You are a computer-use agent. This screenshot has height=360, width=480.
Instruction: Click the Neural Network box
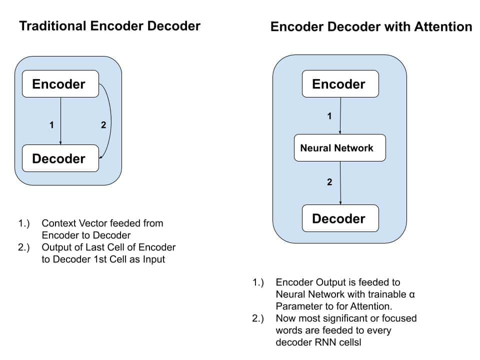(x=340, y=148)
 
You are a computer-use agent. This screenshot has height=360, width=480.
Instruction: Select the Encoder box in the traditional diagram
(x=60, y=84)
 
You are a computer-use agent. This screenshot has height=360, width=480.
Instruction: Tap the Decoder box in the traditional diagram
(x=60, y=158)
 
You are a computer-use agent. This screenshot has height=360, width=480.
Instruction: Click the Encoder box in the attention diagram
(x=340, y=84)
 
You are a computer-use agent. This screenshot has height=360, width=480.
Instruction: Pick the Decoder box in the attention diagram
(x=340, y=218)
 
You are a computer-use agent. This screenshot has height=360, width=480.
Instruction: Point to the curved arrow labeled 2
(x=111, y=122)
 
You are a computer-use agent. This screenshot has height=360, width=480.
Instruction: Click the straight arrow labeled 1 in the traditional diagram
(x=60, y=121)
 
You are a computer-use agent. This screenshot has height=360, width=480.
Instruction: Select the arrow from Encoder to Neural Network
(x=340, y=115)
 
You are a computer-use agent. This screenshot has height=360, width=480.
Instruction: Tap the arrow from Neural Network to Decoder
(x=340, y=183)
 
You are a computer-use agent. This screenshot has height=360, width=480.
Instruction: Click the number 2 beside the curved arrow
(x=103, y=125)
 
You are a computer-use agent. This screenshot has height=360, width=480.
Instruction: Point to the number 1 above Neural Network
(x=329, y=116)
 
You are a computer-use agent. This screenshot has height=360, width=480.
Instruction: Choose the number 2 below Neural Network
(x=329, y=182)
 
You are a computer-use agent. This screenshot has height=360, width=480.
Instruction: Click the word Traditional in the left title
(x=52, y=26)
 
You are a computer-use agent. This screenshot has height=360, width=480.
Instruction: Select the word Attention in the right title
(x=443, y=26)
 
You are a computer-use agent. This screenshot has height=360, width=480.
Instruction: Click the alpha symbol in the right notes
(x=411, y=295)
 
